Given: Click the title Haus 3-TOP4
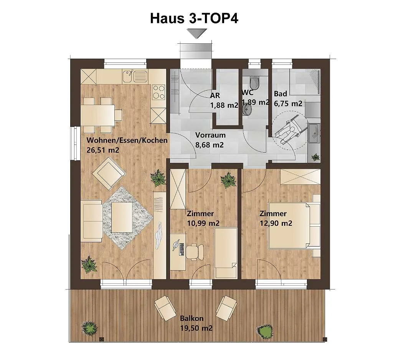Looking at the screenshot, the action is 194,18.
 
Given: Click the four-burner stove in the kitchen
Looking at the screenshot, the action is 159,92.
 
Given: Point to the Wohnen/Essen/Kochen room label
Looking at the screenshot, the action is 127,140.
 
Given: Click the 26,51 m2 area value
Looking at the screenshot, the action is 103,150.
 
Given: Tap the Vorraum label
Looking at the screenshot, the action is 210,135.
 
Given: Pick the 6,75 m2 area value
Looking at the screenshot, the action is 288,104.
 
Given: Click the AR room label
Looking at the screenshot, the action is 215,95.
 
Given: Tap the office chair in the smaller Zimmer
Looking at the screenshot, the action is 194,250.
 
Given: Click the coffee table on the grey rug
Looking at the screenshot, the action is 122,217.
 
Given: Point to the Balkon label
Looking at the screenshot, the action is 192,319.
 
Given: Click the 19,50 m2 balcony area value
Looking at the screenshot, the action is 196,328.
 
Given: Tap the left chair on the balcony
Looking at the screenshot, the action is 165,308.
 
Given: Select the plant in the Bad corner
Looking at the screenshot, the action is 315,158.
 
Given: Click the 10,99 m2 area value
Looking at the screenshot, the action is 203,223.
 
